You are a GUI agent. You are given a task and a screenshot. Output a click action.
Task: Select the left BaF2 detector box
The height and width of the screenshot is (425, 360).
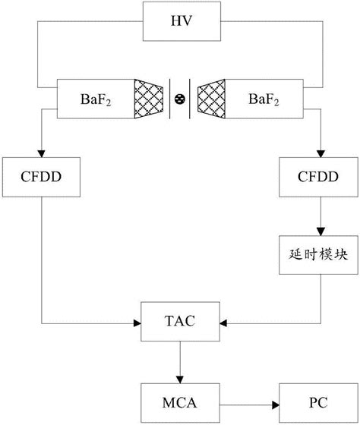tap(97, 99)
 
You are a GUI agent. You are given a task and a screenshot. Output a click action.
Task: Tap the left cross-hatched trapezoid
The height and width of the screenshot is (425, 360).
tap(150, 99)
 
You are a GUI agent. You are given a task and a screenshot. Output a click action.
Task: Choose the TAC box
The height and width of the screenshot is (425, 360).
tap(179, 321)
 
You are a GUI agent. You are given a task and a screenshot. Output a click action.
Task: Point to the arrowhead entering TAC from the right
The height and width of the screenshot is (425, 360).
tap(221, 321)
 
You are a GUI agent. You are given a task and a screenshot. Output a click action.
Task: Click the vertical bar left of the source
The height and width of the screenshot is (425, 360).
tap(169, 99)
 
